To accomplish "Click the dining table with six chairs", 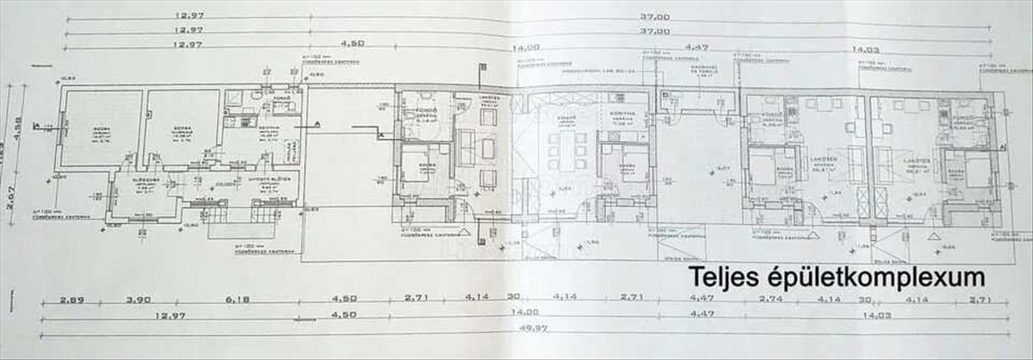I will [x=567, y=151].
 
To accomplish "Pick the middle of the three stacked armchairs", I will [x=488, y=148].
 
